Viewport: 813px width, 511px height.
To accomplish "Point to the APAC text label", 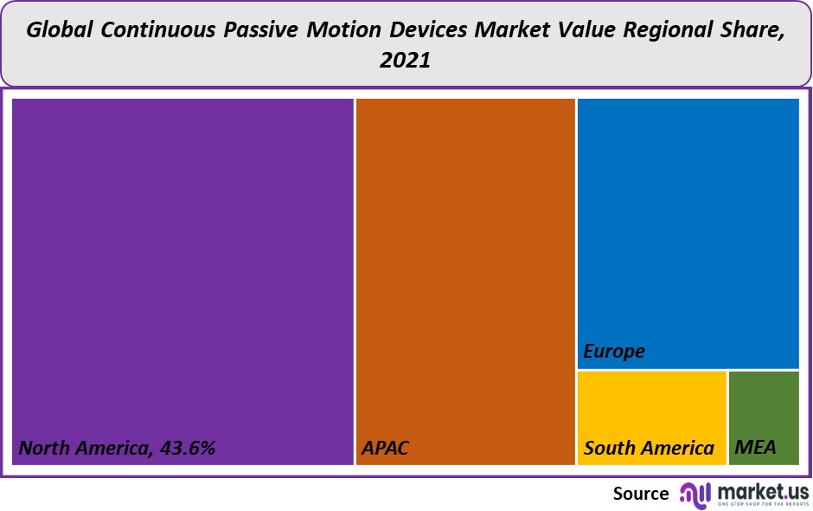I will click(x=385, y=448).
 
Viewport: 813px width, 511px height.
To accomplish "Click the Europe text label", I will click(x=614, y=351).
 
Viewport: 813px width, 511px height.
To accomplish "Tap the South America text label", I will click(x=649, y=448).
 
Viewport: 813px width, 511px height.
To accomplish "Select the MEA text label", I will click(x=755, y=448).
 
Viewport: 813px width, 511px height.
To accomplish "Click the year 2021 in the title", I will click(x=405, y=61).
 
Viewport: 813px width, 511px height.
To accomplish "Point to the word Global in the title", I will click(x=60, y=30).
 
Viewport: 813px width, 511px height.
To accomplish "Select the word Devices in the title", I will click(x=426, y=30).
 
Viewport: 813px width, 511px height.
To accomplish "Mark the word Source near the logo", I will click(x=641, y=493).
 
